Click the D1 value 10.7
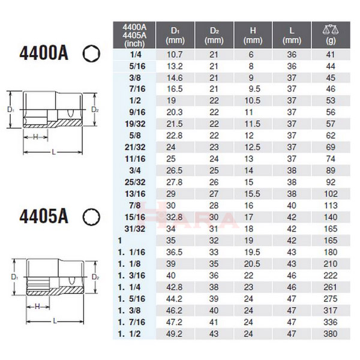(x=175, y=53)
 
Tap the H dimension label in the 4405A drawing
(x=37, y=307)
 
